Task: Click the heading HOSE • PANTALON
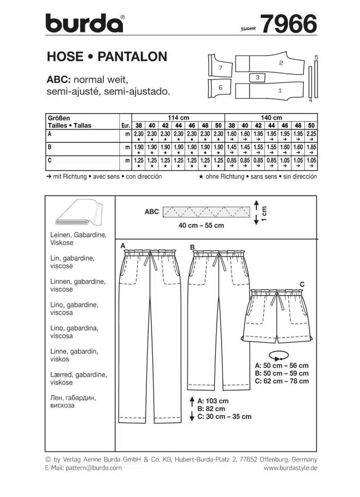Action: coord(107,57)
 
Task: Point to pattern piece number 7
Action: coord(220,67)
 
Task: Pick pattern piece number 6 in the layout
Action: coord(220,88)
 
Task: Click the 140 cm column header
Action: coord(272,118)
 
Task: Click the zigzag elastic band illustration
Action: coord(206,211)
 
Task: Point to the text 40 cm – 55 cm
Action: coord(201,226)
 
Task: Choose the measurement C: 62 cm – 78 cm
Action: coord(282,381)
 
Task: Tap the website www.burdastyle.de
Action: coord(290,468)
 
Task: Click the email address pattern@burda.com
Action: coord(92,468)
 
